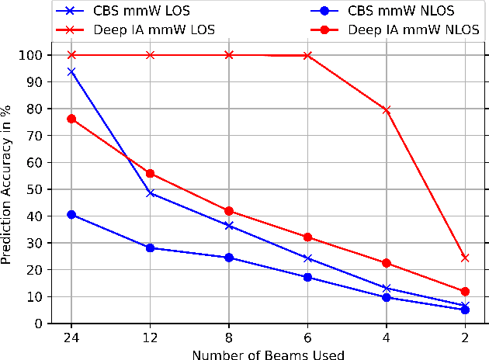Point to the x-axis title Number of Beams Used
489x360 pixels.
click(x=269, y=352)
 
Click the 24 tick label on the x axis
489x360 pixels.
click(x=71, y=337)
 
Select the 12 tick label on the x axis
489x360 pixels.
click(x=150, y=337)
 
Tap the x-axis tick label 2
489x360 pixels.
click(x=465, y=337)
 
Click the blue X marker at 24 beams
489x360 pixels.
click(x=71, y=71)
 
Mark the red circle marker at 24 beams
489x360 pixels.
click(x=71, y=119)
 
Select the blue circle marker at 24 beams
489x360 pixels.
click(x=71, y=214)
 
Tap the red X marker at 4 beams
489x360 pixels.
click(x=387, y=110)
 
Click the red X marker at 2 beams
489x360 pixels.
click(x=465, y=258)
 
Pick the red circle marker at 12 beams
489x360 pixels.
click(x=150, y=174)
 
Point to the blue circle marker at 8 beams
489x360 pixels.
click(x=229, y=258)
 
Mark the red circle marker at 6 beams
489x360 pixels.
click(x=307, y=237)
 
